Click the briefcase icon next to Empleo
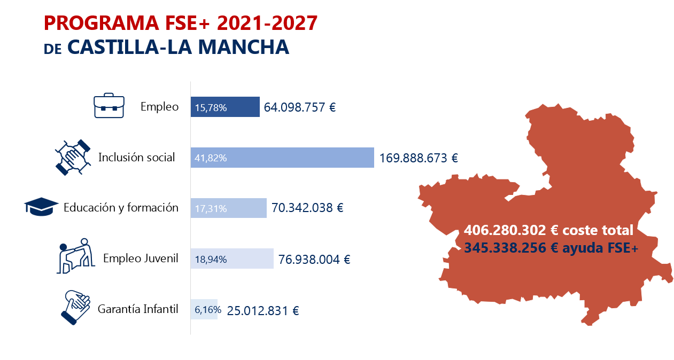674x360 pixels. pyautogui.click(x=109, y=107)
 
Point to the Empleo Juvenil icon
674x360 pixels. pyautogui.click(x=74, y=256)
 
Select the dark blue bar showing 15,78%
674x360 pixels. pyautogui.click(x=225, y=107)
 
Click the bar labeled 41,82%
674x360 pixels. pyautogui.click(x=282, y=158)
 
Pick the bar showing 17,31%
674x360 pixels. pyautogui.click(x=228, y=208)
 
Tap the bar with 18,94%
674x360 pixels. pyautogui.click(x=232, y=259)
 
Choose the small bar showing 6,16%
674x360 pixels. pyautogui.click(x=204, y=309)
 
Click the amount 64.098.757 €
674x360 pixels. pyautogui.click(x=300, y=107)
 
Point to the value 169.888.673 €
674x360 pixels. pyautogui.click(x=419, y=158)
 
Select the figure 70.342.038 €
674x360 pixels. pyautogui.click(x=307, y=208)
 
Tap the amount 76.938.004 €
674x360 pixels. pyautogui.click(x=314, y=260)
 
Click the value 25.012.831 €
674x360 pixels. pyautogui.click(x=263, y=310)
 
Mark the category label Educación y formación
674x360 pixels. pyautogui.click(x=121, y=208)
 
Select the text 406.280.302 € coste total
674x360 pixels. pyautogui.click(x=548, y=230)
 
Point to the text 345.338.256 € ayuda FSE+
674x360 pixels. pyautogui.click(x=551, y=248)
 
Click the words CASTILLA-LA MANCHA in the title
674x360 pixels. pyautogui.click(x=179, y=47)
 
